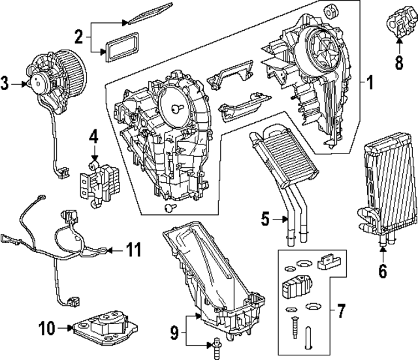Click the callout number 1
coord(370,84)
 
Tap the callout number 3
coord(6,82)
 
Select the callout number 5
coord(265,220)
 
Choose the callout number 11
coord(133,249)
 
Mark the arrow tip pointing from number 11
coord(109,249)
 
